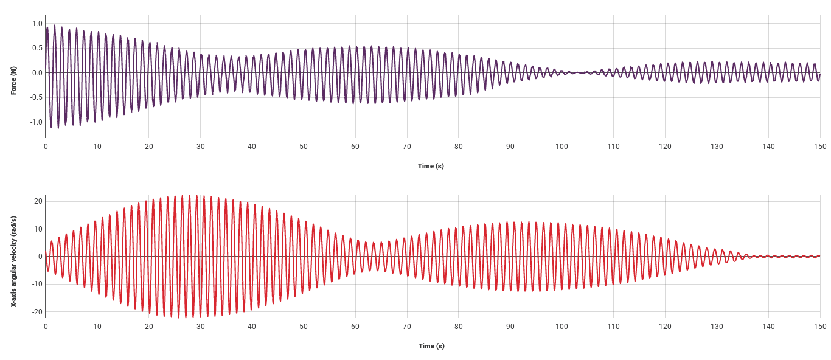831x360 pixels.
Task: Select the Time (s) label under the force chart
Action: click(x=431, y=166)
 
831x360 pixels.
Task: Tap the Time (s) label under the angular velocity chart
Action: click(x=431, y=346)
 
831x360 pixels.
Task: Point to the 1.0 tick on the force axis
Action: click(x=37, y=24)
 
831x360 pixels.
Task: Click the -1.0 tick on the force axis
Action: click(x=36, y=122)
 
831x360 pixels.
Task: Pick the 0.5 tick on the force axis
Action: click(x=37, y=48)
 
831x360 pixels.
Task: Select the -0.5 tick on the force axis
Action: click(x=36, y=97)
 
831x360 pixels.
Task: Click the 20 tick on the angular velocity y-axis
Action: click(x=38, y=201)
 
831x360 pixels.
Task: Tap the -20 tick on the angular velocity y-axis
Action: click(x=37, y=312)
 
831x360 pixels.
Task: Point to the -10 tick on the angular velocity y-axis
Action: click(x=37, y=284)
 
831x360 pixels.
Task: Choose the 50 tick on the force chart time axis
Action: click(x=304, y=147)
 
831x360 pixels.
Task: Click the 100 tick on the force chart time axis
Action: click(x=562, y=147)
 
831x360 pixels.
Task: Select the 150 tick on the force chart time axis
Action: click(x=819, y=147)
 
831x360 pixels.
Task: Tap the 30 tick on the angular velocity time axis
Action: click(x=200, y=327)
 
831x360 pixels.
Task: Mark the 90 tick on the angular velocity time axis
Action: click(x=510, y=327)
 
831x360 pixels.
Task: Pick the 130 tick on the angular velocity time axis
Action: click(x=717, y=327)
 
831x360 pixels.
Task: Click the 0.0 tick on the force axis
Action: click(x=37, y=73)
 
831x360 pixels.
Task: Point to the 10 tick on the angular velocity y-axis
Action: click(x=38, y=229)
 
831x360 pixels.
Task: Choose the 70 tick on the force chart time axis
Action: click(x=407, y=147)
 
